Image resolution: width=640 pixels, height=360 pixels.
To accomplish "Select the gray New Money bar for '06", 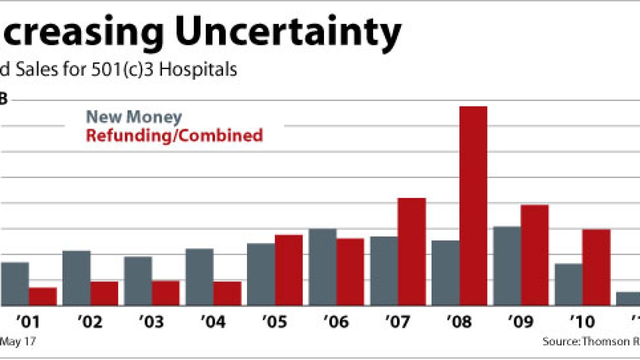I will tap(322, 267).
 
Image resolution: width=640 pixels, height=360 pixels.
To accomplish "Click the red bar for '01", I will tap(42, 296).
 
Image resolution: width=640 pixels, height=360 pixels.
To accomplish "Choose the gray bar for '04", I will tap(199, 277).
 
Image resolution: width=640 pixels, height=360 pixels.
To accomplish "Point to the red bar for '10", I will tap(596, 267).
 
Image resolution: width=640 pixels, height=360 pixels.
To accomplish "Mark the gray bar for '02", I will tap(76, 278).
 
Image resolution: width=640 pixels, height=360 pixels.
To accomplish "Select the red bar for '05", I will tap(288, 270).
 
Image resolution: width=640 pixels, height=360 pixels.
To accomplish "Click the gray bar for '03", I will tap(138, 281).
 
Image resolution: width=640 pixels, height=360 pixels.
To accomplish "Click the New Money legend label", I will tap(134, 117).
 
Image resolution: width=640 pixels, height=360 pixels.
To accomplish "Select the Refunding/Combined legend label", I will tap(174, 135).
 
